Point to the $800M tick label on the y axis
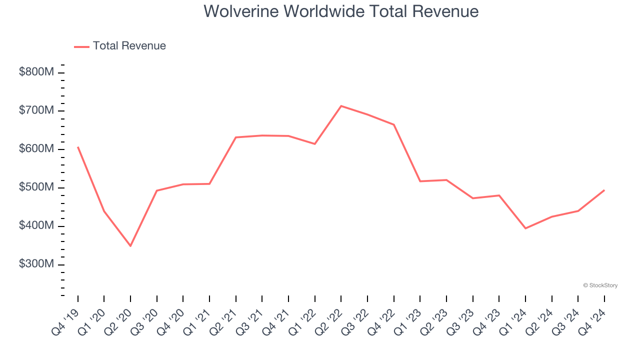pyautogui.click(x=36, y=72)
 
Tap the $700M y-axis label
pyautogui.click(x=36, y=110)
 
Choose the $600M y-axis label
pyautogui.click(x=36, y=149)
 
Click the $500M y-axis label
pyautogui.click(x=36, y=187)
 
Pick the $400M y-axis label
pyautogui.click(x=36, y=226)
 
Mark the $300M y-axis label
pyautogui.click(x=36, y=264)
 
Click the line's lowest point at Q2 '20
pyautogui.click(x=130, y=246)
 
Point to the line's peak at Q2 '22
pyautogui.click(x=341, y=106)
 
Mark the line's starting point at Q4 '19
pyautogui.click(x=78, y=147)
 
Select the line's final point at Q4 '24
pyautogui.click(x=604, y=190)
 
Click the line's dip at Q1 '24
pyautogui.click(x=525, y=228)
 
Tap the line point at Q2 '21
pyautogui.click(x=236, y=137)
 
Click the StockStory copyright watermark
pyautogui.click(x=600, y=285)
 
